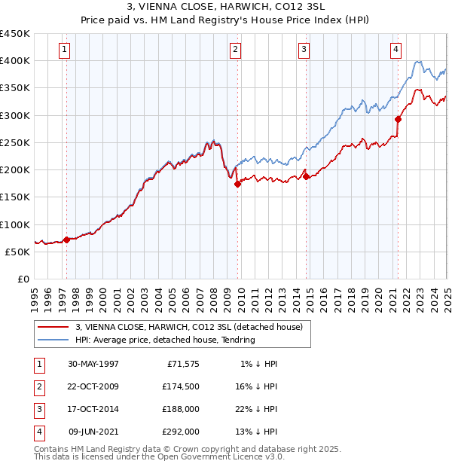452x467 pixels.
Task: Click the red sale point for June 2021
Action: click(398, 118)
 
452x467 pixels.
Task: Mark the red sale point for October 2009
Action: click(237, 183)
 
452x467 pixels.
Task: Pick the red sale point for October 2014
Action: click(307, 176)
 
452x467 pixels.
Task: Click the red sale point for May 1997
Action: click(66, 240)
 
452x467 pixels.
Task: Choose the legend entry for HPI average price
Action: click(165, 340)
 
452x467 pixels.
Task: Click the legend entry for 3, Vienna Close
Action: click(188, 327)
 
